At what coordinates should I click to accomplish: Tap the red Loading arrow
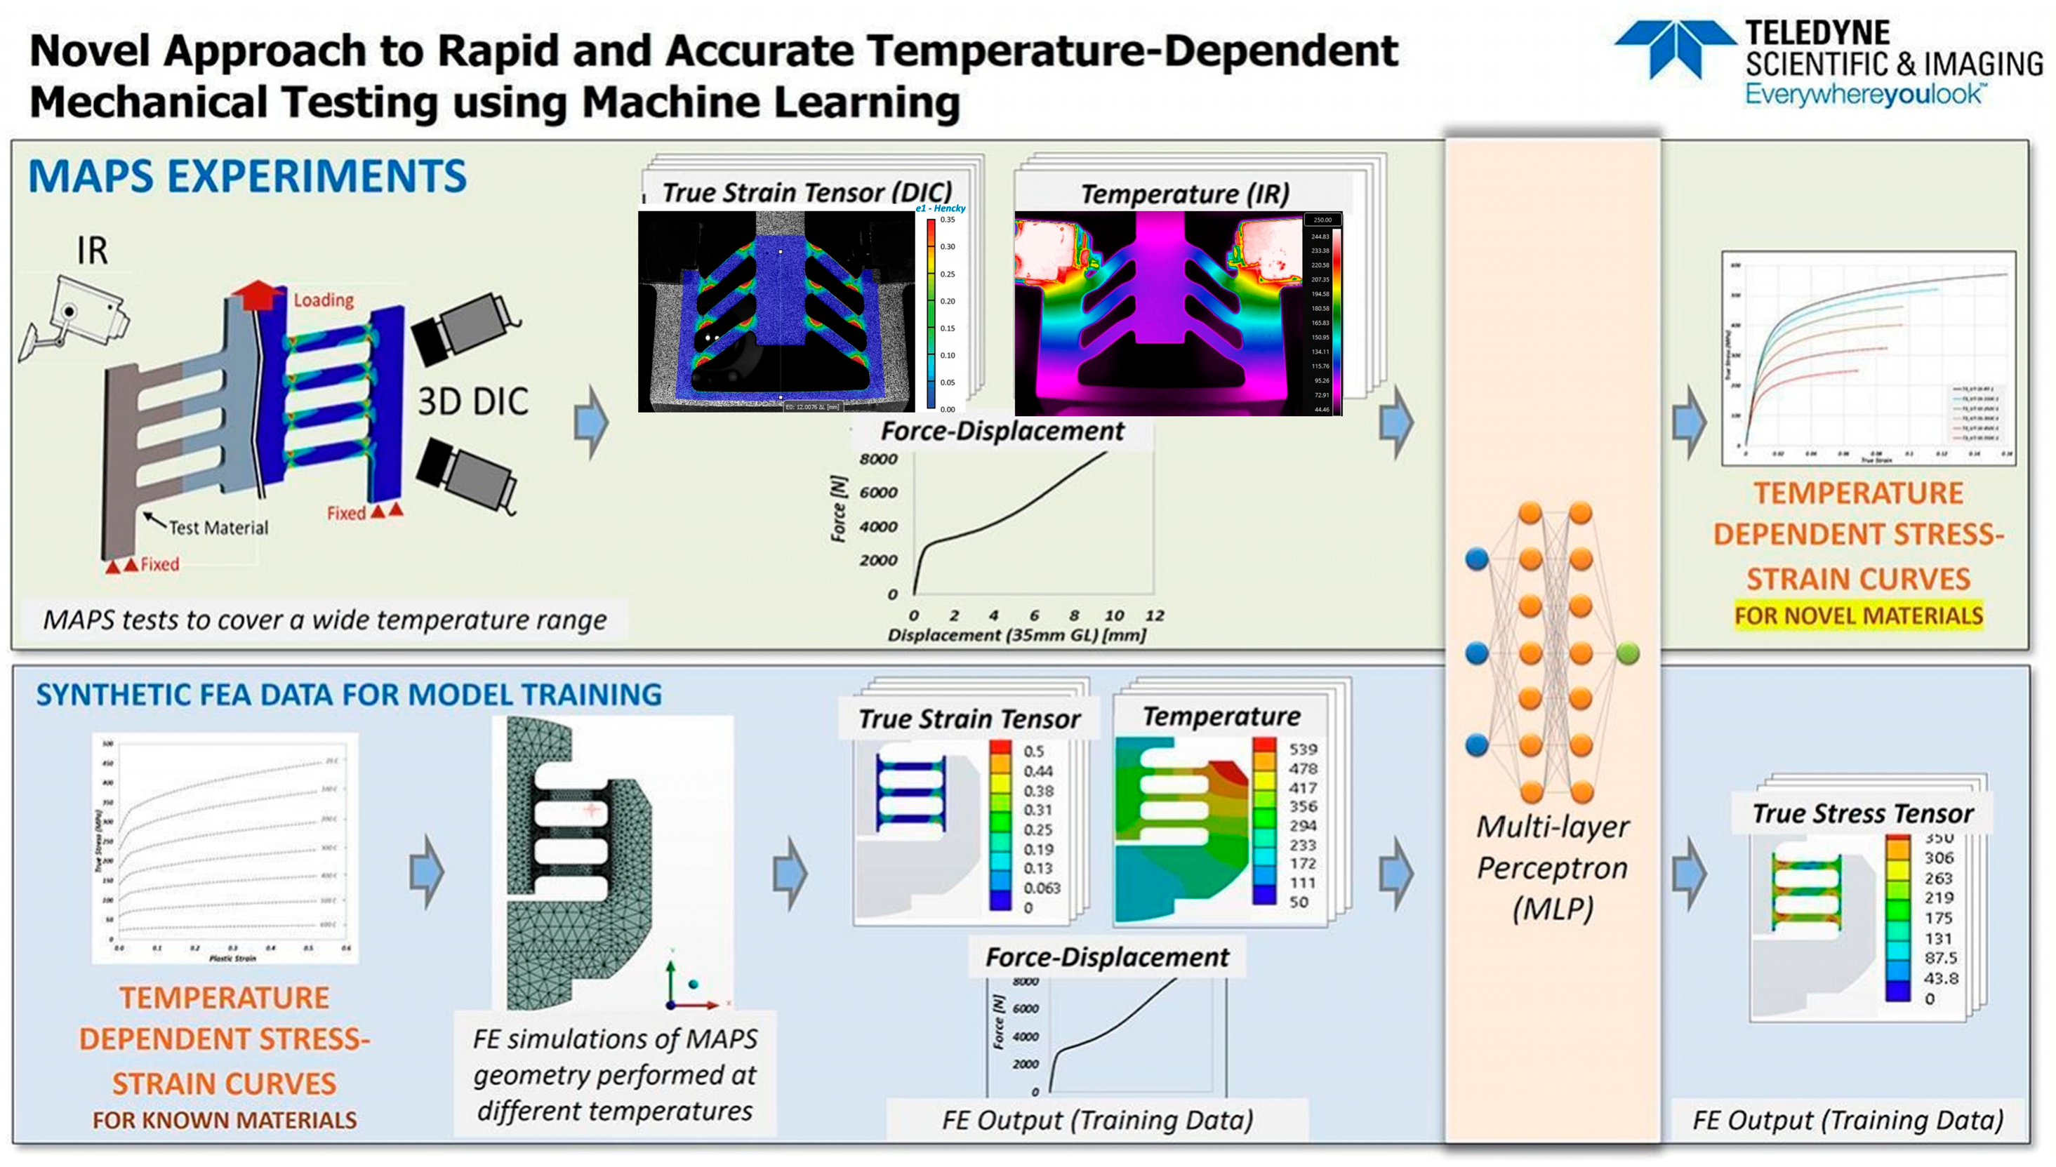256,294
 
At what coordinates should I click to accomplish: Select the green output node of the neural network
1628,653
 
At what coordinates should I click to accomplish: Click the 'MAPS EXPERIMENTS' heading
247,176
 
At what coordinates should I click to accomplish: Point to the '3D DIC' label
473,401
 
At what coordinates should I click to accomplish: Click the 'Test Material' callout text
218,528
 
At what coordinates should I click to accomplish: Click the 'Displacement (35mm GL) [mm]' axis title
1016,635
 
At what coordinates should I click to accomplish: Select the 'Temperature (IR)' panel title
1185,194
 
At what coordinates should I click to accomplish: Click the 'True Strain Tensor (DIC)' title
807,192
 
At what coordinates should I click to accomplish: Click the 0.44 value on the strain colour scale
1037,771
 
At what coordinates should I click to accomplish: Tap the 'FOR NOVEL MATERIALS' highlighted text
1858,615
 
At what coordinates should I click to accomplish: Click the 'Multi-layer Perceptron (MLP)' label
1553,868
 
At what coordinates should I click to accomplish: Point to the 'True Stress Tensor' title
1862,813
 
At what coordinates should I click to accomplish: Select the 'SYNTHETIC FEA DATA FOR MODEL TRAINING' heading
349,694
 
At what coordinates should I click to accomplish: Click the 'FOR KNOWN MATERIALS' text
225,1120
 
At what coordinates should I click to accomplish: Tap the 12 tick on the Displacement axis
1154,615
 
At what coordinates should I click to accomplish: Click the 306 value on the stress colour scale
1938,858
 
